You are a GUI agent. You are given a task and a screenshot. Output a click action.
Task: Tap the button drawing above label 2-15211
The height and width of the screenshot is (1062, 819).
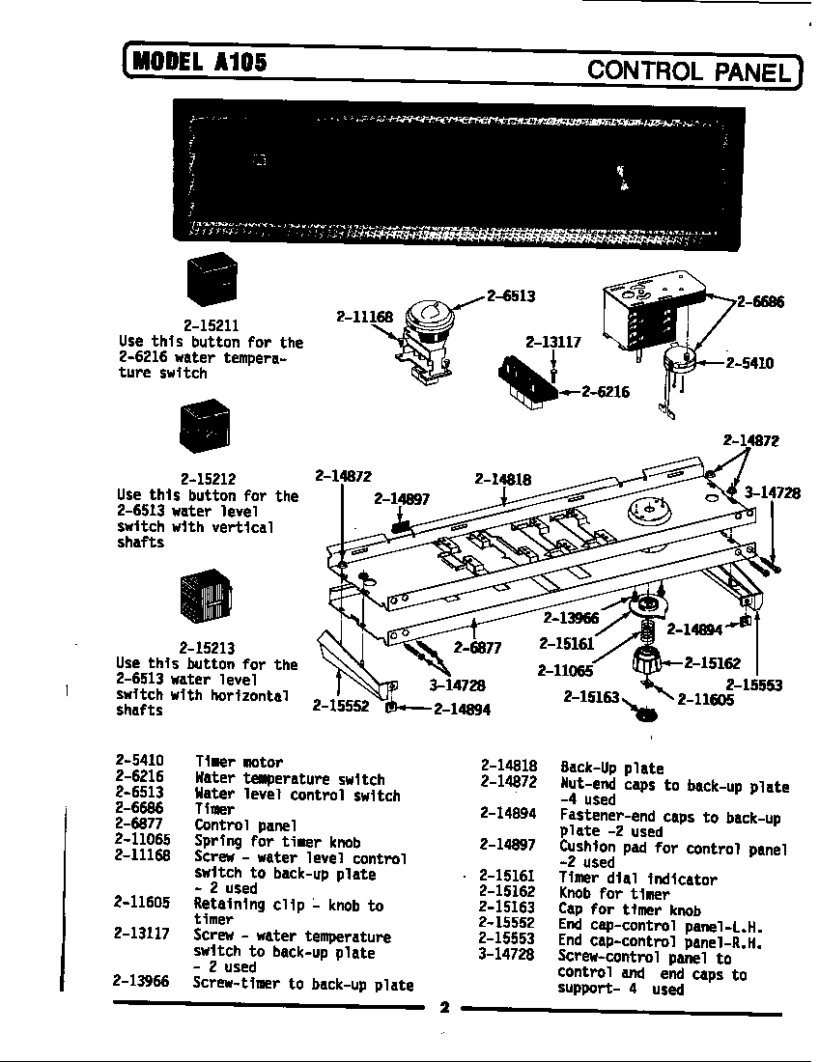click(211, 279)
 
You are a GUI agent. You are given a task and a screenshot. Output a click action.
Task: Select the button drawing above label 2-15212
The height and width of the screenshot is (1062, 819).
click(205, 427)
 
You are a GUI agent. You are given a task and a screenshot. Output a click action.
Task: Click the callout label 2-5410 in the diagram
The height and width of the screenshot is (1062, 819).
click(750, 363)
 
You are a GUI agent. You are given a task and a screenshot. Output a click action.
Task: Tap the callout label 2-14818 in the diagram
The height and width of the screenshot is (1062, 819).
click(503, 479)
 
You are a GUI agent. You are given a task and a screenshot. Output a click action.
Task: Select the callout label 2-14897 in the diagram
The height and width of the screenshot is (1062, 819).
click(402, 499)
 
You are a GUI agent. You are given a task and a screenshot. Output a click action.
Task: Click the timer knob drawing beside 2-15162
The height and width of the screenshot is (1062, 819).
click(644, 664)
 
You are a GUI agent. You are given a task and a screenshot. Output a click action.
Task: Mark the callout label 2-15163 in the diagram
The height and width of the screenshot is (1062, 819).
click(591, 695)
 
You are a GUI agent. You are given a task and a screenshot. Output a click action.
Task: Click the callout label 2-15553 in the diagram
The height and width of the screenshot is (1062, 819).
click(754, 685)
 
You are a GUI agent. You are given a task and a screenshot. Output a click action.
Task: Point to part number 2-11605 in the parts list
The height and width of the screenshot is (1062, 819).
click(141, 903)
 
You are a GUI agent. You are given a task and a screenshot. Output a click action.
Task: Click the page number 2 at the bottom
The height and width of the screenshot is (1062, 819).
click(445, 1009)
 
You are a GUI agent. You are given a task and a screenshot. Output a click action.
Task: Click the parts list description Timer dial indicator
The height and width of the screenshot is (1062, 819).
click(637, 880)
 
